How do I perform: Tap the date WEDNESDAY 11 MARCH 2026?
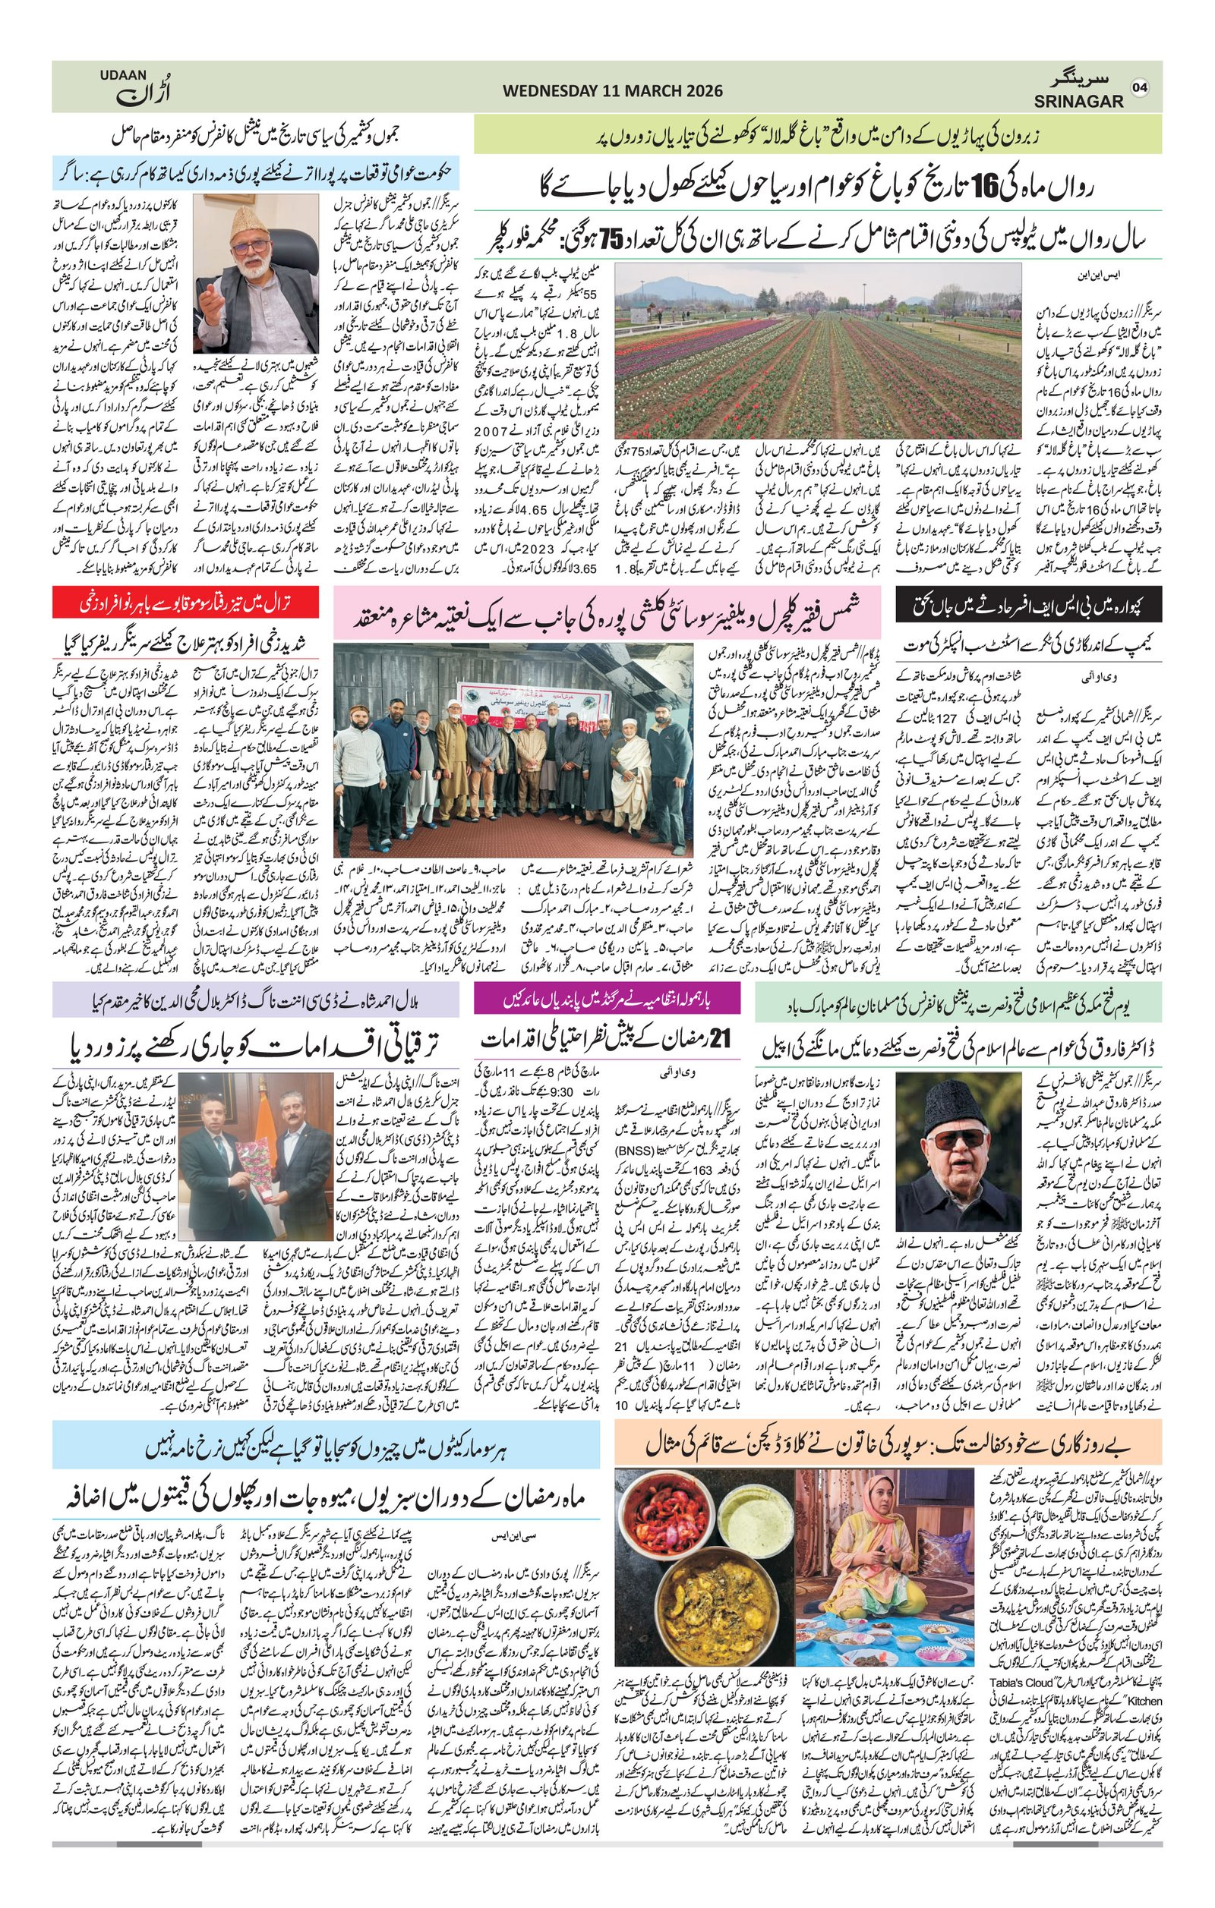612,91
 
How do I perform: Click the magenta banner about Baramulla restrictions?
606,1000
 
